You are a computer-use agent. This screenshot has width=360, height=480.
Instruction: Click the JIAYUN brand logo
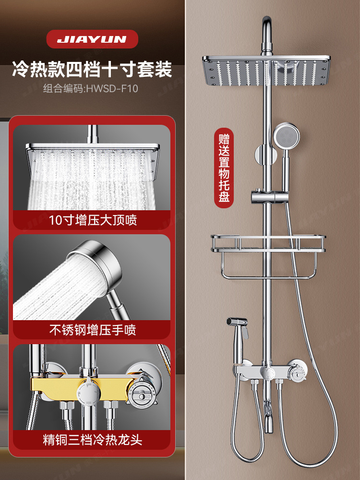92,39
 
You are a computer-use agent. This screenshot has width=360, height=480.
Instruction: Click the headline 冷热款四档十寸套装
92,70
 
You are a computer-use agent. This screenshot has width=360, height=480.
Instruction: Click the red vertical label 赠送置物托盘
224,168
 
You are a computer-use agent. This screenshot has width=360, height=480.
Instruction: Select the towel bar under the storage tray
268,276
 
